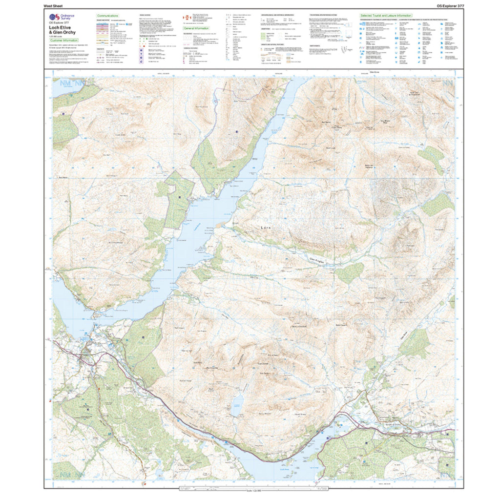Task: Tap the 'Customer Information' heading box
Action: click(x=65, y=40)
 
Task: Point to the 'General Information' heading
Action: click(x=196, y=29)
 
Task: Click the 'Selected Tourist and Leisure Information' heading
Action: click(x=386, y=16)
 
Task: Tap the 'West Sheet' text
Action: click(x=53, y=5)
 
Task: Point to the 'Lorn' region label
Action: click(x=265, y=228)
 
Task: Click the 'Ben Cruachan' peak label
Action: click(x=213, y=368)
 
